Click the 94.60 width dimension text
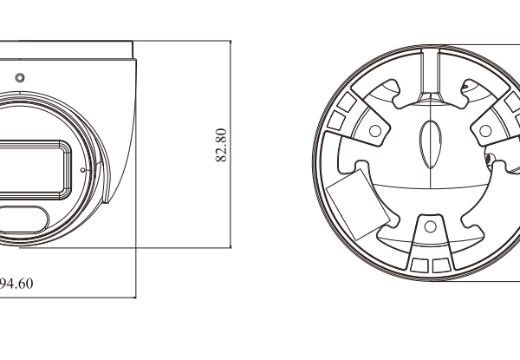(17, 283)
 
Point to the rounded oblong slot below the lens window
(22, 216)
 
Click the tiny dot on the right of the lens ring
(81, 170)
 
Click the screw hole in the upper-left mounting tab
(374, 131)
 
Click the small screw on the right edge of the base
(490, 159)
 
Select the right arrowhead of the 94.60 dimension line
(134, 296)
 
